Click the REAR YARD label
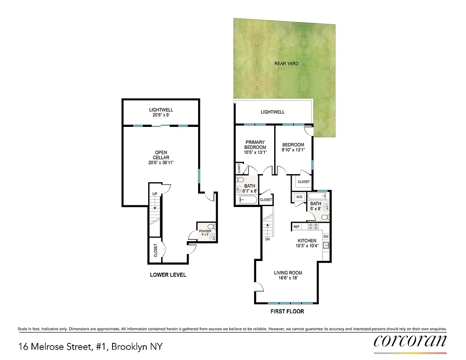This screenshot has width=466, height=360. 286,63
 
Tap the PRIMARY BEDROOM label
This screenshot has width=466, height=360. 255,147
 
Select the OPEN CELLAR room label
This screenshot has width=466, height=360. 161,157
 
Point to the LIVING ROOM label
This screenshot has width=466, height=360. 288,275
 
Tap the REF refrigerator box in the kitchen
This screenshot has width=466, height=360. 297,227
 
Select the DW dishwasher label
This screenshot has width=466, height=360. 326,236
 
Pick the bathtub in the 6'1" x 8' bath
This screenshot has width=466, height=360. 248,199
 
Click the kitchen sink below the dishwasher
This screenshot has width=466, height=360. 326,245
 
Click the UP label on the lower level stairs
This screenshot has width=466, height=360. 155,193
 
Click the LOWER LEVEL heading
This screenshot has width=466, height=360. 168,275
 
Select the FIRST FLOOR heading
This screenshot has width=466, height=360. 287,311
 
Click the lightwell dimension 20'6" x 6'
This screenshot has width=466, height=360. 161,115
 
